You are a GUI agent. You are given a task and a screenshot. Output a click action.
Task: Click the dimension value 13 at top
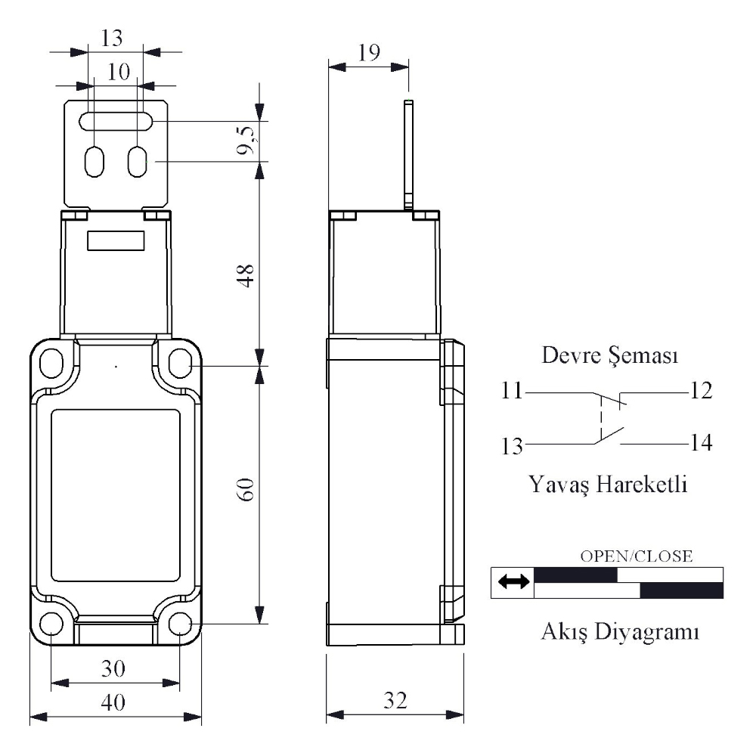click(111, 38)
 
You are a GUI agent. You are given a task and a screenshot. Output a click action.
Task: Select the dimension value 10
click(118, 72)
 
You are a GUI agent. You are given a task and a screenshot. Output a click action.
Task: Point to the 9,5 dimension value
click(247, 141)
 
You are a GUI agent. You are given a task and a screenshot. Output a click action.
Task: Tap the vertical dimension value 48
click(246, 276)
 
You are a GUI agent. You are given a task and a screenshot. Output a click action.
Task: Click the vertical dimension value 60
click(246, 490)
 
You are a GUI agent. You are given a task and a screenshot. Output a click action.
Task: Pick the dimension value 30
click(113, 669)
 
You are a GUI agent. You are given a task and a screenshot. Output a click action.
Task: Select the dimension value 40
click(113, 702)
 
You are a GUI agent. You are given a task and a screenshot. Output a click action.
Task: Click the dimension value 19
click(369, 52)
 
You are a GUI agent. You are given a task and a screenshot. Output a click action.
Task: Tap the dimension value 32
click(395, 700)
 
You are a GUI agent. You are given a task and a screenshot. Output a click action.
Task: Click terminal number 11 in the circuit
click(512, 391)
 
